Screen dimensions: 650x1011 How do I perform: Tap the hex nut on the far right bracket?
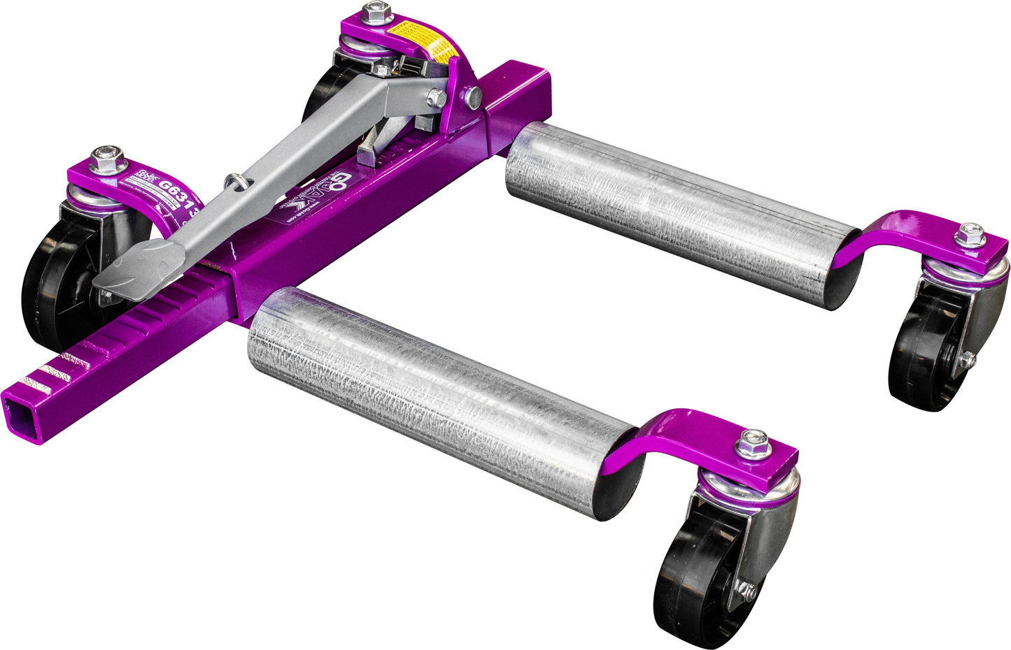[970, 236]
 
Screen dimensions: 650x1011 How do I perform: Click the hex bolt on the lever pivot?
[437, 98]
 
